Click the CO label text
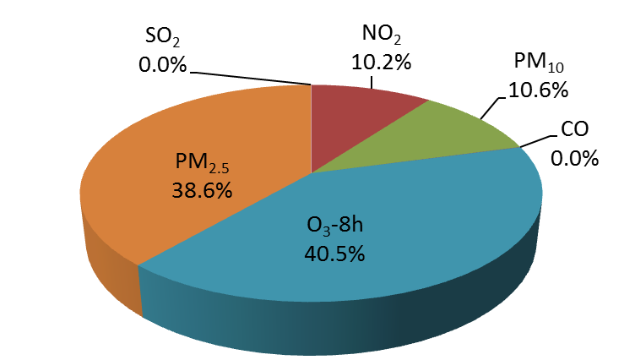(x=574, y=132)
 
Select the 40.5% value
(x=334, y=254)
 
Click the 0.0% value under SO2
(x=161, y=64)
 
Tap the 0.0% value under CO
(x=574, y=157)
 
